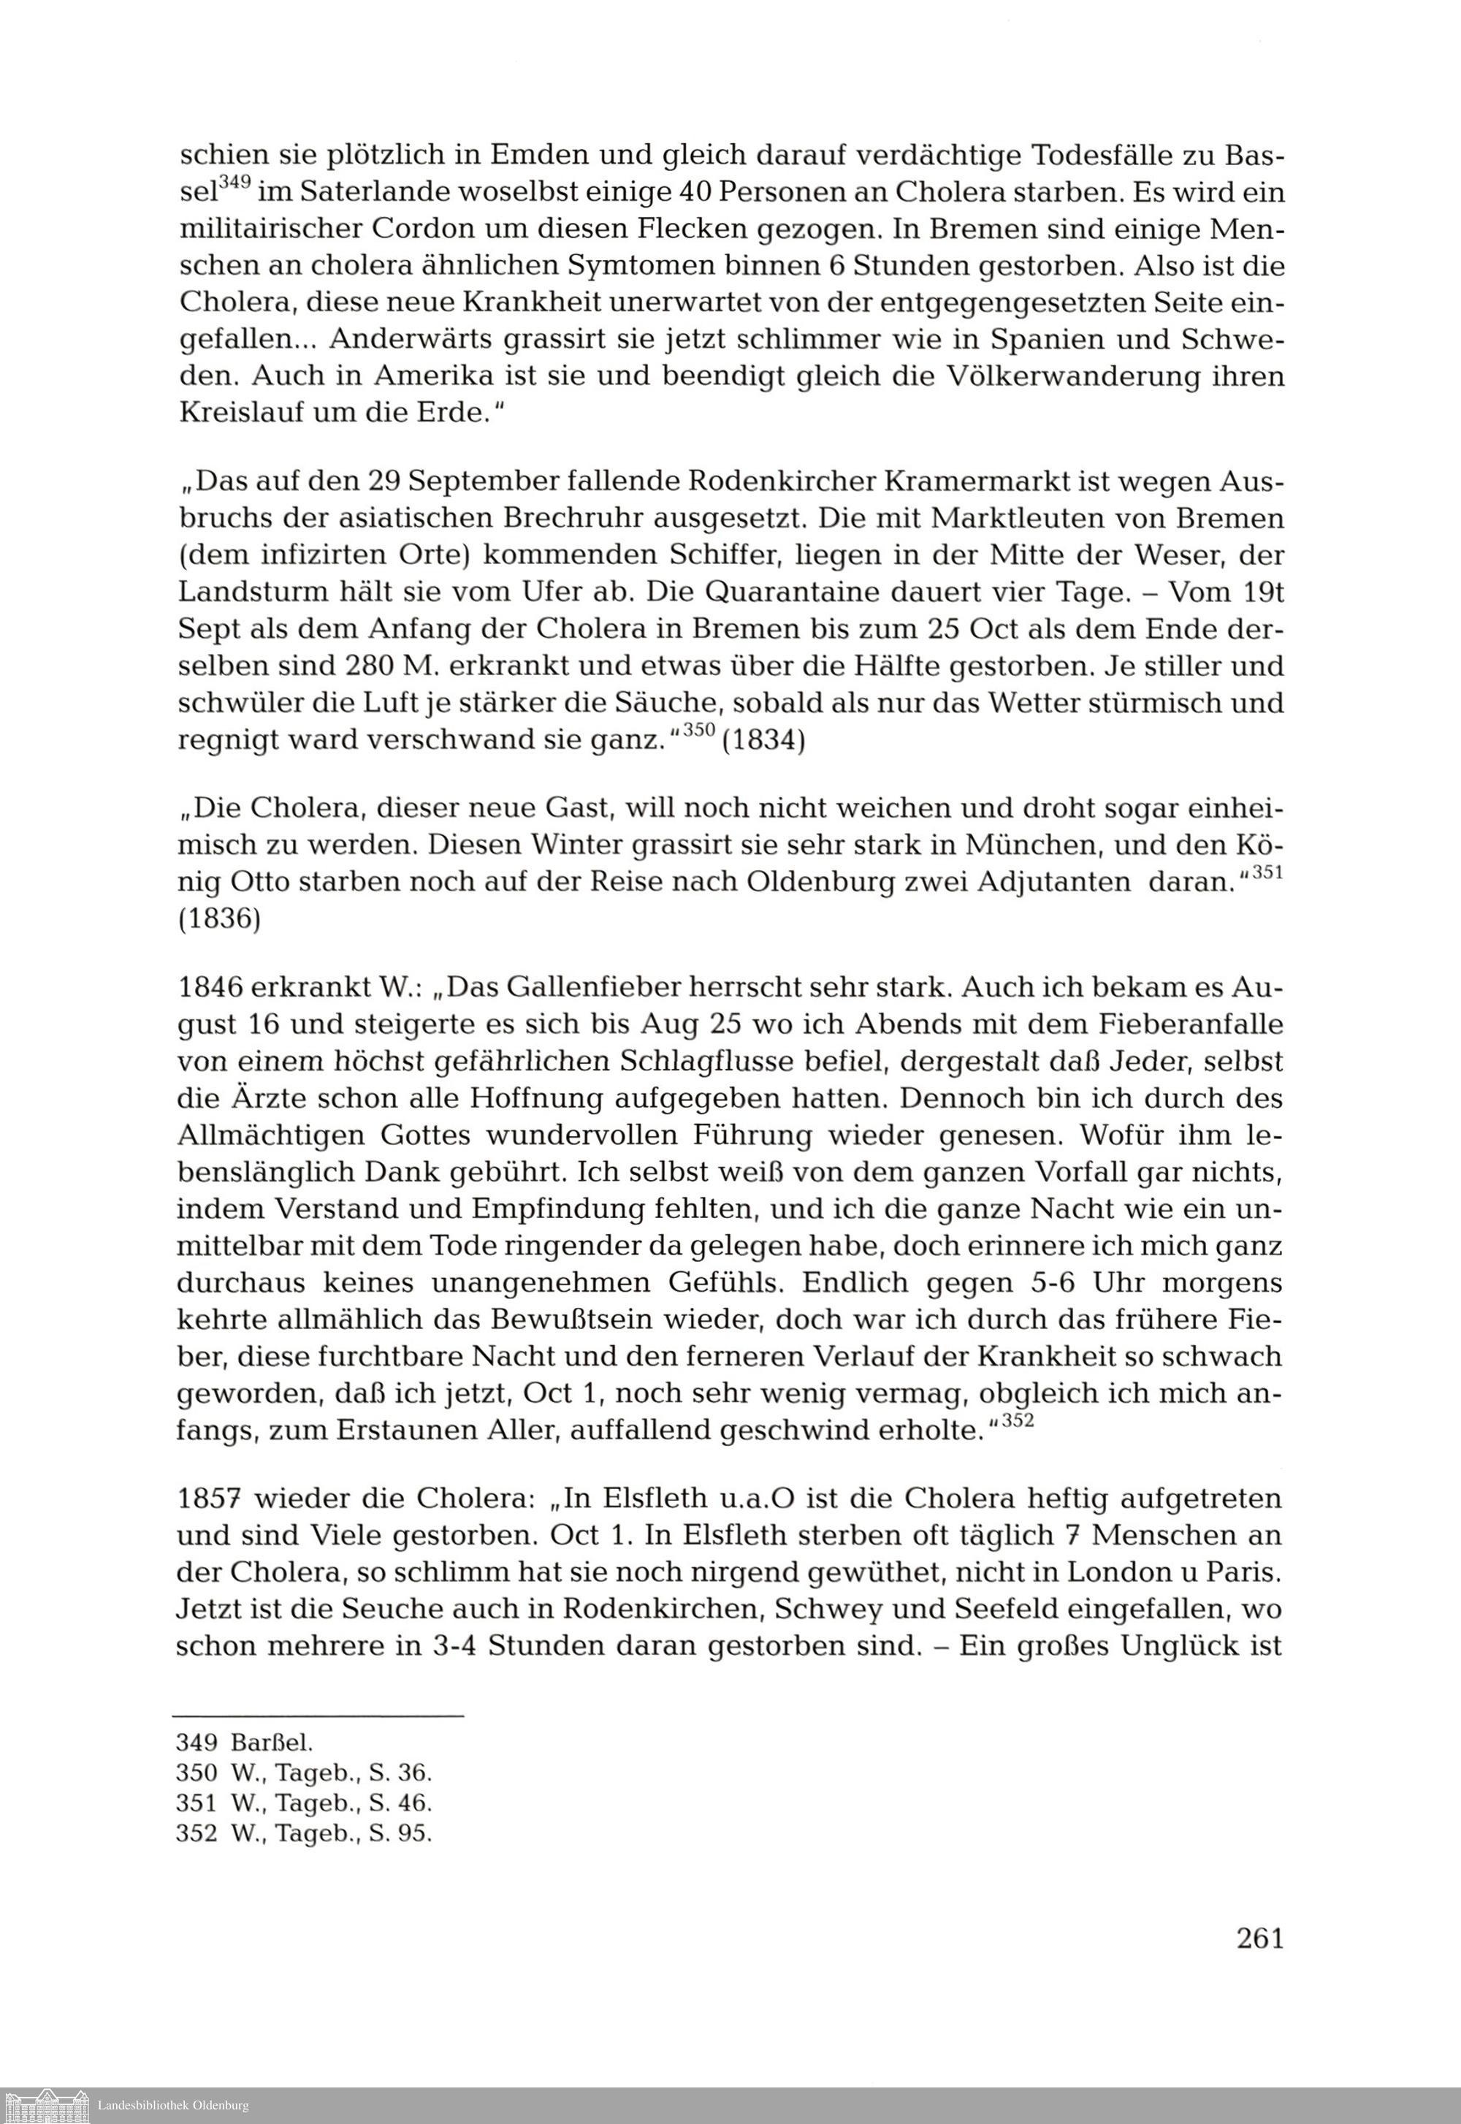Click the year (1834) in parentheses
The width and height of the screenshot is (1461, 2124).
pos(763,739)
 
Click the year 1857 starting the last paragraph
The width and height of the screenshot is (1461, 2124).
pos(209,1499)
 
